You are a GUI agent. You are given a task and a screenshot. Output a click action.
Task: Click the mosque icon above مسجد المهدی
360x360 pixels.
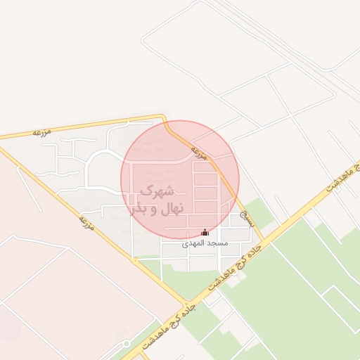[x=205, y=232]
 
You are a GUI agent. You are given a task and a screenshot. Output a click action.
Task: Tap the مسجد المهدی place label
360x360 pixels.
[x=205, y=243]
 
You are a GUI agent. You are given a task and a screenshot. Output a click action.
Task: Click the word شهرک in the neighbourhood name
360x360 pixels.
[x=156, y=191]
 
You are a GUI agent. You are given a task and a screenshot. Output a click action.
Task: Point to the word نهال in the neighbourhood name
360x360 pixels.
[x=167, y=208]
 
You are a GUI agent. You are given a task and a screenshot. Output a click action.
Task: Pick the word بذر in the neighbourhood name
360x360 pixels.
[x=137, y=208]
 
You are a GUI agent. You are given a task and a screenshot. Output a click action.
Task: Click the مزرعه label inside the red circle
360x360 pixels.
[x=200, y=153]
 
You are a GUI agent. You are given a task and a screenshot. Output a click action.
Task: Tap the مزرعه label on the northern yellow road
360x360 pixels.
[x=44, y=131]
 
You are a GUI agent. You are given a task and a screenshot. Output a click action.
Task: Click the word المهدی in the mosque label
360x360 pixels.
[x=194, y=243]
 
